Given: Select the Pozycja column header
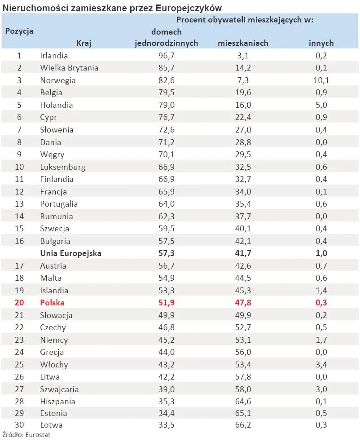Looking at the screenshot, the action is [x=19, y=31].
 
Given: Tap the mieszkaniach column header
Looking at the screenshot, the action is [x=243, y=43].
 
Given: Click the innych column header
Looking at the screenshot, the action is [x=321, y=43].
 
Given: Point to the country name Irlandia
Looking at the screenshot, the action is [x=54, y=56].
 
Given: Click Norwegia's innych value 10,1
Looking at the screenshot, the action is [x=321, y=80].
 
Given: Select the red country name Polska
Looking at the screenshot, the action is [x=52, y=303].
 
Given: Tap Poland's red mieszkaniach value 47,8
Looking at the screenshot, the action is [x=243, y=303].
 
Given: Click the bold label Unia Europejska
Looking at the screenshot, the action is [x=71, y=253].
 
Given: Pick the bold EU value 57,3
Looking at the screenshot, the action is [x=167, y=253].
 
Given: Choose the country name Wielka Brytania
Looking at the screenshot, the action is [x=69, y=68].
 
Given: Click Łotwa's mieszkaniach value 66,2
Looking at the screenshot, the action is [x=243, y=425].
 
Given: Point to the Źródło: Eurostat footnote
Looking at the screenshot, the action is [x=26, y=435].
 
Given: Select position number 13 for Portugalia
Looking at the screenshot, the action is [x=19, y=204].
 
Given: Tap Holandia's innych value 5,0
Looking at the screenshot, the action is [x=321, y=105].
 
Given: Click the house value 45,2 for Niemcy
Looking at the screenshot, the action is [x=167, y=340].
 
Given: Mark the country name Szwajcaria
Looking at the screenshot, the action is [x=59, y=389].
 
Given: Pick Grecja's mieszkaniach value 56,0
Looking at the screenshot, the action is [x=243, y=352].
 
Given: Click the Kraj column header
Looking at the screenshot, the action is [x=83, y=43].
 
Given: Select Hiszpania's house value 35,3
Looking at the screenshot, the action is [x=167, y=402].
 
